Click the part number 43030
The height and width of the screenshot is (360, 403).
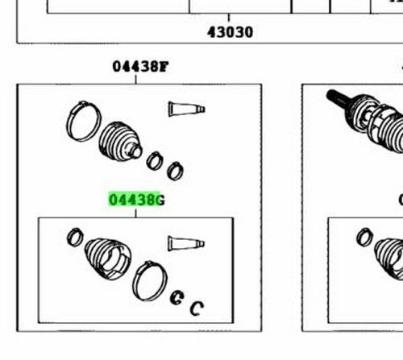230,32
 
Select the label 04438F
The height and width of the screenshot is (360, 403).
140,67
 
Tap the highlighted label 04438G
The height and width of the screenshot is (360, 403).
137,200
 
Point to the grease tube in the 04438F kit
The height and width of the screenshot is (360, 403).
186,109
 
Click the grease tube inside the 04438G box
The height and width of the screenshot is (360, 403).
186,243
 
